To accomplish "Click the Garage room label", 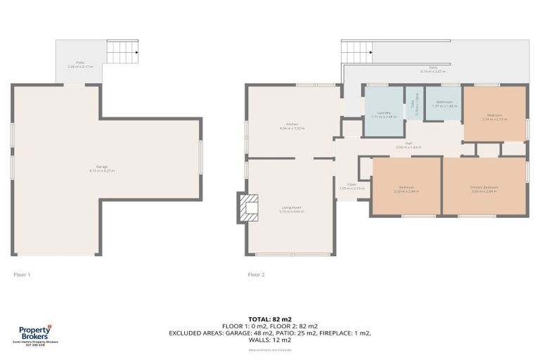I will tap(102, 169).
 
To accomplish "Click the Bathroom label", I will tap(444, 103).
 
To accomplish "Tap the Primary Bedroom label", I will tap(484, 188).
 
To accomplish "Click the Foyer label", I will tap(345, 186).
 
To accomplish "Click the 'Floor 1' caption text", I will tap(22, 274).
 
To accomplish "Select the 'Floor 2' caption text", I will tap(256, 274).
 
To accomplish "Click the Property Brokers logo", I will tap(34, 333).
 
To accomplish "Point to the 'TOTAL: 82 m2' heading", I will tap(270, 319).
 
